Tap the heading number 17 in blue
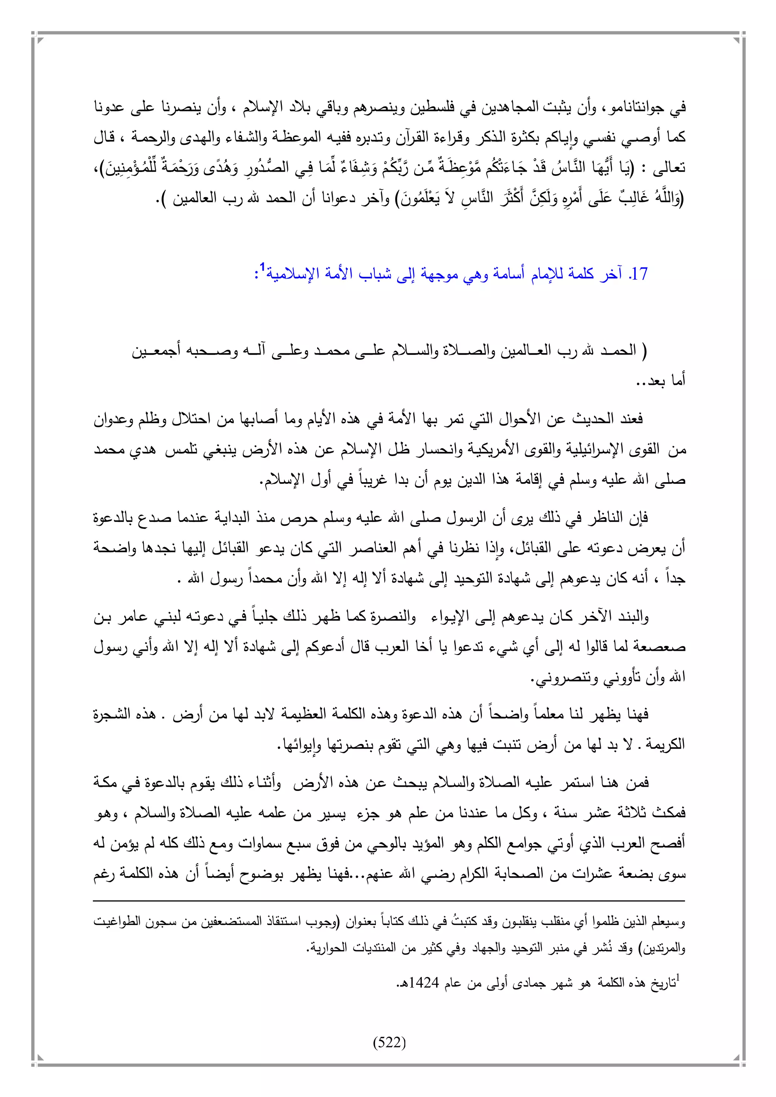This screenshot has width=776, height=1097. click(x=639, y=274)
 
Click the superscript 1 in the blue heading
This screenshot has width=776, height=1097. click(x=262, y=267)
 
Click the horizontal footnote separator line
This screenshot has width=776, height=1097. click(x=389, y=901)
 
